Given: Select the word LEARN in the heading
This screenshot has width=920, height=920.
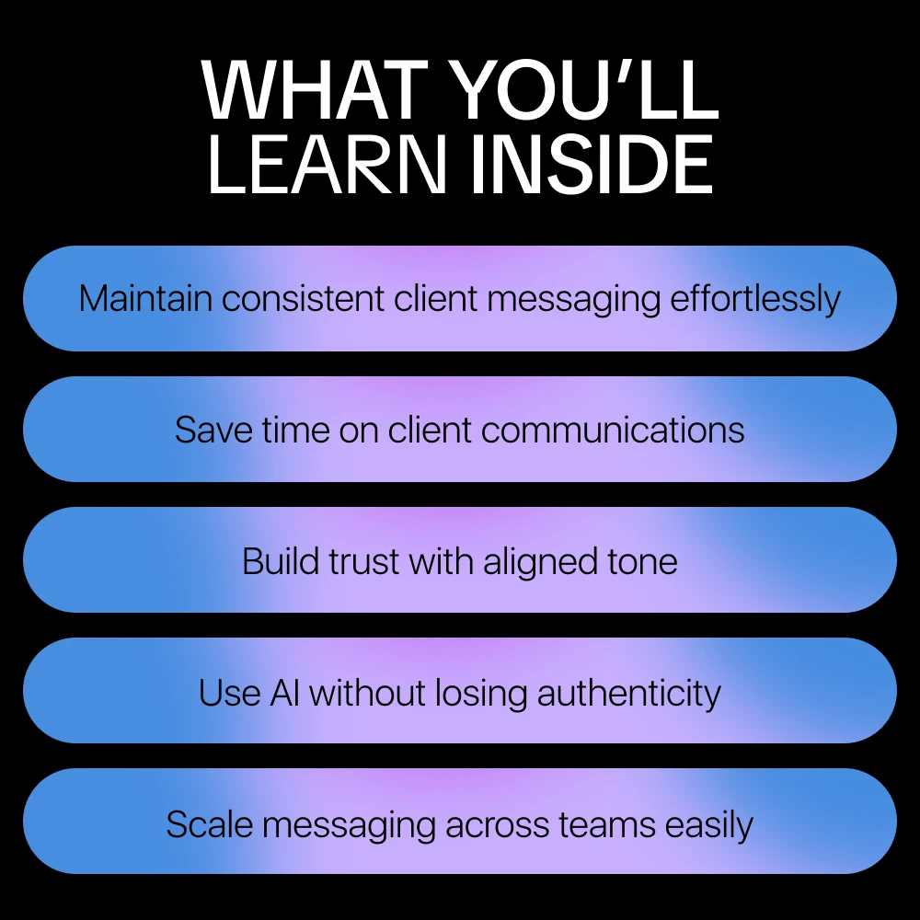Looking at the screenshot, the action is coord(328,164).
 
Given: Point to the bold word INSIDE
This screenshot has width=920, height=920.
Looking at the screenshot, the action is coord(592,164).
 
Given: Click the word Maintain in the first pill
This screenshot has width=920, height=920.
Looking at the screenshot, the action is coord(145,298).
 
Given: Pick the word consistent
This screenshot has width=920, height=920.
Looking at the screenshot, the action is coord(303,298).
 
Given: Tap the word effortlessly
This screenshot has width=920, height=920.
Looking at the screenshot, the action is coord(755,299).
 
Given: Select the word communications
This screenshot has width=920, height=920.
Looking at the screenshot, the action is coord(613,430).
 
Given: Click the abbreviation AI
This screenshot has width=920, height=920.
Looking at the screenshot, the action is coord(284,693).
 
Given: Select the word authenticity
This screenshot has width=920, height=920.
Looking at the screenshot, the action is coord(629,694).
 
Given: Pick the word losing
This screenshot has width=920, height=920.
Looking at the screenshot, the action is coord(482,694).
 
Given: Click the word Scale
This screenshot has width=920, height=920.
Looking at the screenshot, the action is coord(210,823).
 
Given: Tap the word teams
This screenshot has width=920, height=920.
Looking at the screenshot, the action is coord(606,824).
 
